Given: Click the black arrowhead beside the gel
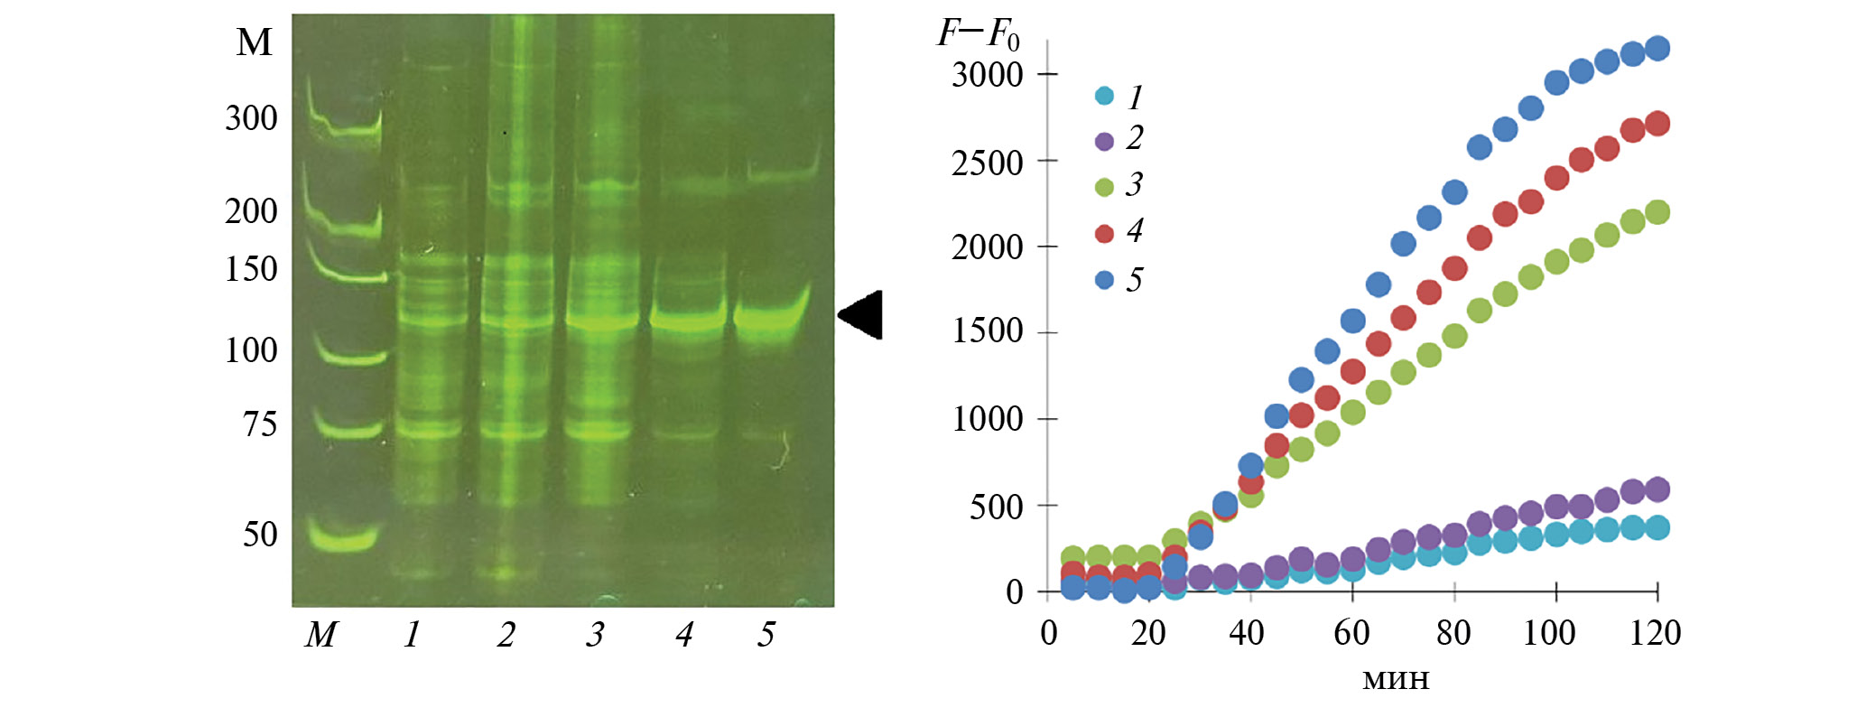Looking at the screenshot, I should pyautogui.click(x=863, y=315).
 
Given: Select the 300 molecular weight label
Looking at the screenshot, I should pyautogui.click(x=251, y=118).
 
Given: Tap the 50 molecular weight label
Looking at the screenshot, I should pyautogui.click(x=260, y=534).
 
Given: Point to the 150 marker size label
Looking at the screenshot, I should pyautogui.click(x=251, y=268).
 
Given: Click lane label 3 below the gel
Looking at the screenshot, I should pyautogui.click(x=594, y=634).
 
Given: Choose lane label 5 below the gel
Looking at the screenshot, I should pyautogui.click(x=766, y=634).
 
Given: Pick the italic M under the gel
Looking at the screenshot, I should pyautogui.click(x=320, y=635).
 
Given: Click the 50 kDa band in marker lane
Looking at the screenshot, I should pyautogui.click(x=343, y=538).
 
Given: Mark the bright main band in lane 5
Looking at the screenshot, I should pyautogui.click(x=770, y=318).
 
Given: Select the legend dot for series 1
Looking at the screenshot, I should pyautogui.click(x=1104, y=96).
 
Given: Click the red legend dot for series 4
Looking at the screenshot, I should pyautogui.click(x=1104, y=234).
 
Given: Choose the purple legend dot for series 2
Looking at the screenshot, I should pyautogui.click(x=1104, y=141).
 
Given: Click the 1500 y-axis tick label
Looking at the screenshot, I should pyautogui.click(x=988, y=331).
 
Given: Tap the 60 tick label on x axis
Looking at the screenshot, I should pyautogui.click(x=1351, y=633).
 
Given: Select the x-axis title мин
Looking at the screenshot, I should pyautogui.click(x=1396, y=678).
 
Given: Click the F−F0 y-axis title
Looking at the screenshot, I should pyautogui.click(x=978, y=34).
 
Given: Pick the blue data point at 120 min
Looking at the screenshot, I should pyautogui.click(x=1657, y=49).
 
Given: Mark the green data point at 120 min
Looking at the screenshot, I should pyautogui.click(x=1657, y=212).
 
